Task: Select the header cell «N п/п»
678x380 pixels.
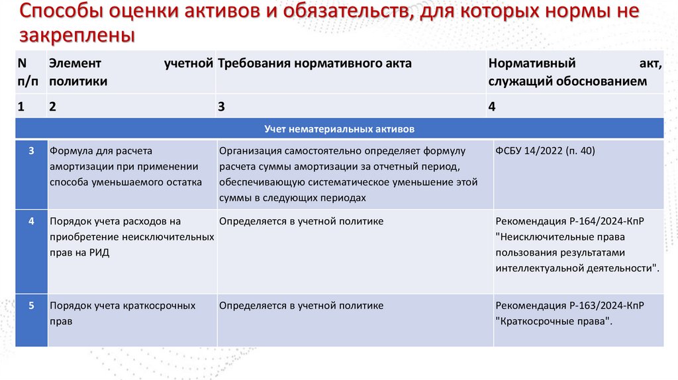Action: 29,72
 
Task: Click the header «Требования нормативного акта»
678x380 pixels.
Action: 315,64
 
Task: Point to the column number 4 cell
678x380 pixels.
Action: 492,106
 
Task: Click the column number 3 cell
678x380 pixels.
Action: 222,106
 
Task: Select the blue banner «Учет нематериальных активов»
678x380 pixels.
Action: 339,128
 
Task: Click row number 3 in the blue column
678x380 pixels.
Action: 31,151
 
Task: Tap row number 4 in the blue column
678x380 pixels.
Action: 31,221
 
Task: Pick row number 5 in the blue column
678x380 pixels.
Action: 31,306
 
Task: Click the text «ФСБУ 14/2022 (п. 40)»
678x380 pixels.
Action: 545,151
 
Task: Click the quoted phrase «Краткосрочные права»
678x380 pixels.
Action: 553,322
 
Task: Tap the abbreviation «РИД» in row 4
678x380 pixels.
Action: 99,253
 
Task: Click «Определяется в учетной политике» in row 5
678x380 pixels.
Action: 301,306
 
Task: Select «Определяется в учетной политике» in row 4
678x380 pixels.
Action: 301,221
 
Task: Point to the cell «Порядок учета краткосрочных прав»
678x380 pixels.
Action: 122,313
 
